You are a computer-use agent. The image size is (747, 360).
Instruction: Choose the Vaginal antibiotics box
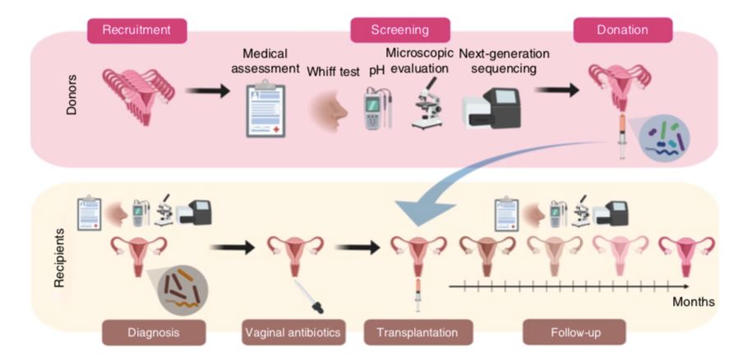(x=293, y=333)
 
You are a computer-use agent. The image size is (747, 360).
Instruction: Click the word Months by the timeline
(x=693, y=302)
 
